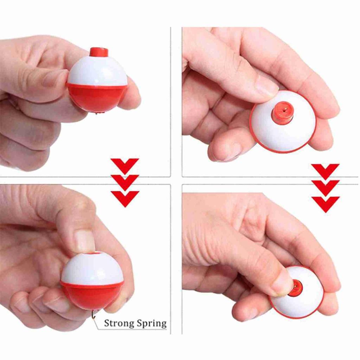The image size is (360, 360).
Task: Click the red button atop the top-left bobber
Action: coord(98,52)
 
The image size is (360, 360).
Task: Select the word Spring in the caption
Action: coord(150,323)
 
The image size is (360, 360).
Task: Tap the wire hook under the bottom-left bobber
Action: coord(94,314)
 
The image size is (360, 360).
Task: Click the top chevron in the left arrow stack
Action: coord(125,165)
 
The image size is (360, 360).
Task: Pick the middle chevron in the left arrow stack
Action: coord(125,181)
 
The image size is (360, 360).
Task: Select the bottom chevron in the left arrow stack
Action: coord(125,198)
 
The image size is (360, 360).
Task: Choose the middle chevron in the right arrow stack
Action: coord(325,187)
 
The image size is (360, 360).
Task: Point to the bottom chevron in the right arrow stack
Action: coord(325,203)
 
